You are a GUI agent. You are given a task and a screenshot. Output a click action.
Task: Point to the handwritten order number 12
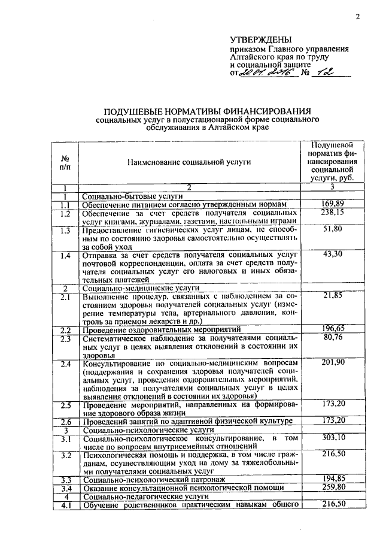point(326,73)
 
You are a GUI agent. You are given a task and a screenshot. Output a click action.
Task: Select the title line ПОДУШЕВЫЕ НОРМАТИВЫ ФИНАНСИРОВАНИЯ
point(208,111)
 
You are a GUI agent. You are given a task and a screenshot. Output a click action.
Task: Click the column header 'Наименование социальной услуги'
point(189,162)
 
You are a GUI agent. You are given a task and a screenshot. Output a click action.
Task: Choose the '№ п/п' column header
point(65,162)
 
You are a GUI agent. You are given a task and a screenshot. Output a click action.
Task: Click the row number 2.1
point(66,296)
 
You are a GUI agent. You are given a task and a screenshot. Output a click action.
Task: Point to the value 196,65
point(333,329)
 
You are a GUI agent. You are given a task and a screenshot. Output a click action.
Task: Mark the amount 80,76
point(333,338)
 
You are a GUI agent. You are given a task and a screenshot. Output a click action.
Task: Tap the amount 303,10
point(333,438)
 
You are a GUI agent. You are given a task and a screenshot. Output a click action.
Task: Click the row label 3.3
point(66,480)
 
